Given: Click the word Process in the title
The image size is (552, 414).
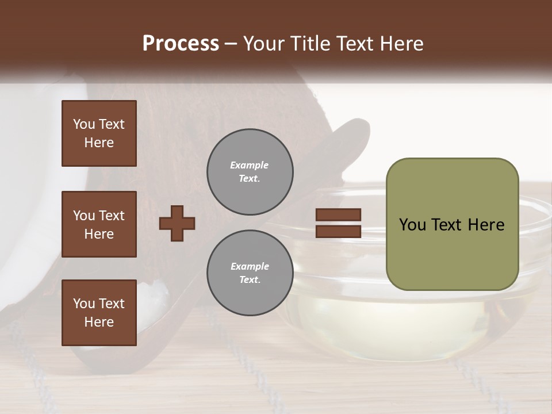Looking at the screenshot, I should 181,44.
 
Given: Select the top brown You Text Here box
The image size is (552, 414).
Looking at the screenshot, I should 99,133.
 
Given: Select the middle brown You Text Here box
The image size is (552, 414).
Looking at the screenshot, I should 99,224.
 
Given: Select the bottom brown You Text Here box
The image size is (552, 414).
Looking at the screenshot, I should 99,313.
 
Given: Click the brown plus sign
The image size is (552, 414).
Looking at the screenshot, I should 177,223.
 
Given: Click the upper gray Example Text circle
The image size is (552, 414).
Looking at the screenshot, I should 250,171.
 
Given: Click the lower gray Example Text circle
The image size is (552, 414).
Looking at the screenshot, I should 250,273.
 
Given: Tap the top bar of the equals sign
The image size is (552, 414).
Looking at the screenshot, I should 338,215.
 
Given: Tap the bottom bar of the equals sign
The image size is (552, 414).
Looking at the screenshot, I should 338,231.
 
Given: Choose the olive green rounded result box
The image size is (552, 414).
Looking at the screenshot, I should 452,253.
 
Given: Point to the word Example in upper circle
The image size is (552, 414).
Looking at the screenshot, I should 250,165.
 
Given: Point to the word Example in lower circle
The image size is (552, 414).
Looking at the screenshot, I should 250,266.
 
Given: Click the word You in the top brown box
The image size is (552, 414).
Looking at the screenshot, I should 84,124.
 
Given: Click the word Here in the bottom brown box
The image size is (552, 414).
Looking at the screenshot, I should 99,322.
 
